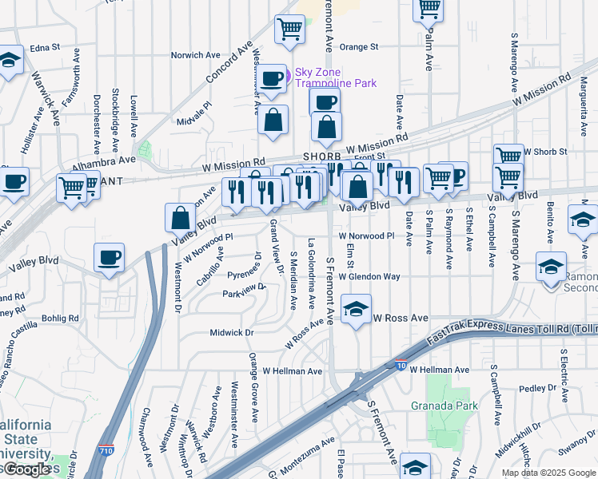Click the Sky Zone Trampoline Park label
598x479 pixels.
point(335,77)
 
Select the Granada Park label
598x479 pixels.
point(445,406)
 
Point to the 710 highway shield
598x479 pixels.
point(106,453)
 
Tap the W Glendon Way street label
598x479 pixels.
point(369,277)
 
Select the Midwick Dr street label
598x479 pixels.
point(231,332)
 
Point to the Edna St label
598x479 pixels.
point(45,48)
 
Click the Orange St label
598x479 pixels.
point(359,47)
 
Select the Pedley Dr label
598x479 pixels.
point(531,388)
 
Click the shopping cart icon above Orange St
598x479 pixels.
point(289,29)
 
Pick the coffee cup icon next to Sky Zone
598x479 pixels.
point(273,77)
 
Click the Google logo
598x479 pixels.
point(29,469)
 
